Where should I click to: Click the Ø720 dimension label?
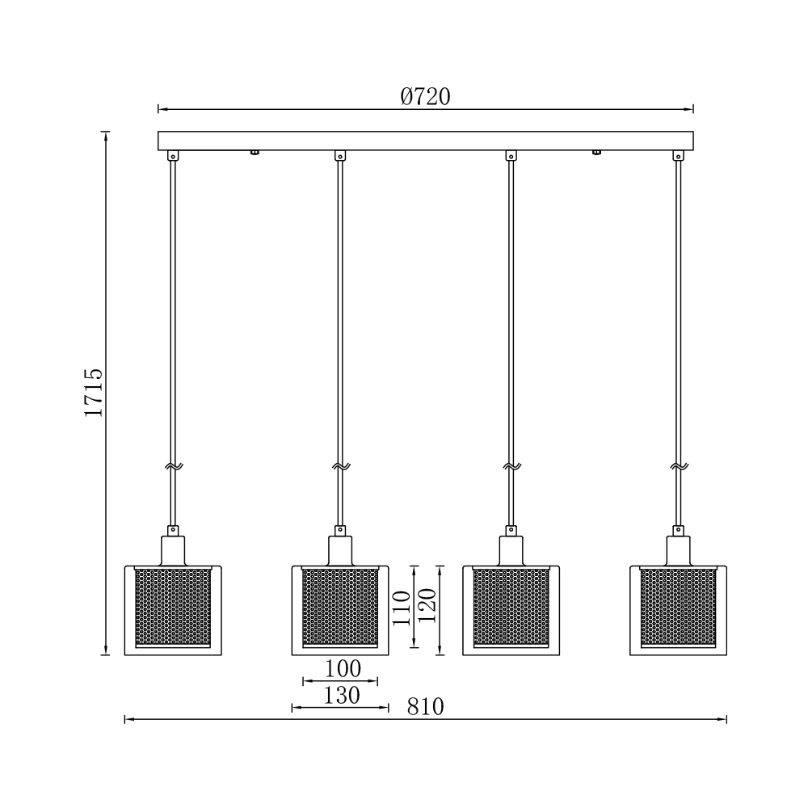coord(425,96)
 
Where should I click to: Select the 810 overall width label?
coord(425,706)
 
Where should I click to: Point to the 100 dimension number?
coord(343,669)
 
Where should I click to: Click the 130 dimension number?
coord(341,696)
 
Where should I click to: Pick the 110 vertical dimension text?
coord(402,608)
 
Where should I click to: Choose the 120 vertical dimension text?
coord(427,605)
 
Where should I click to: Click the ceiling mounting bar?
coord(425,141)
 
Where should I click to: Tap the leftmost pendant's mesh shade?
coord(173,608)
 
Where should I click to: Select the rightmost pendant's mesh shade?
coord(678,608)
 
